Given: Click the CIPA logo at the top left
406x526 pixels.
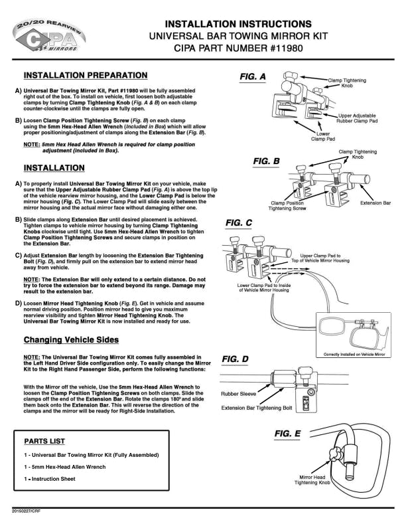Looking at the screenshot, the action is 49,36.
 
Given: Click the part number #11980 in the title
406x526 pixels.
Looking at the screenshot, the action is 286,48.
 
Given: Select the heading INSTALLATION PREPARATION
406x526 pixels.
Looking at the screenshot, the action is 86,76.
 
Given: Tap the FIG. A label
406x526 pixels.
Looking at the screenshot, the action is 253,77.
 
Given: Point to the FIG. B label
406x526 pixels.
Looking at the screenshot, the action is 266,161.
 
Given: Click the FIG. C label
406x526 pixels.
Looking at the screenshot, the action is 239,223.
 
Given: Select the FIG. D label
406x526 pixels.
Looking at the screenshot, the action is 235,359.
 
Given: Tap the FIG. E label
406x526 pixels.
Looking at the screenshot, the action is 287,434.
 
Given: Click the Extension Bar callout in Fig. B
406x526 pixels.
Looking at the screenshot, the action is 375,203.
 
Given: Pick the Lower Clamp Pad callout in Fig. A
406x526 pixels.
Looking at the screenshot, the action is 323,136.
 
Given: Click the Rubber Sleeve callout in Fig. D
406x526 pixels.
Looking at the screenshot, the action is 238,394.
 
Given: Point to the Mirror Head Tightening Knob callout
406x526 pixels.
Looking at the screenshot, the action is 312,480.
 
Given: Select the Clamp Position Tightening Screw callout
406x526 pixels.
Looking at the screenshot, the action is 287,206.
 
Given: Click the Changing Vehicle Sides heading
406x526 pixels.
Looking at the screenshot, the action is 71,340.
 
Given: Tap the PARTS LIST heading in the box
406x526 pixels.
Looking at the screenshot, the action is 44,442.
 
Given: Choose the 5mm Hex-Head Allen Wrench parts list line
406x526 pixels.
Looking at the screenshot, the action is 64,467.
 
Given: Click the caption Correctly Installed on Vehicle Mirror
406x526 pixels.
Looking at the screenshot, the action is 354,354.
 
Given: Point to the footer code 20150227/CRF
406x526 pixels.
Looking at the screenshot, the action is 26,511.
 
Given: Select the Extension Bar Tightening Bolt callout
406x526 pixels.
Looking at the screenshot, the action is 257,408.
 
